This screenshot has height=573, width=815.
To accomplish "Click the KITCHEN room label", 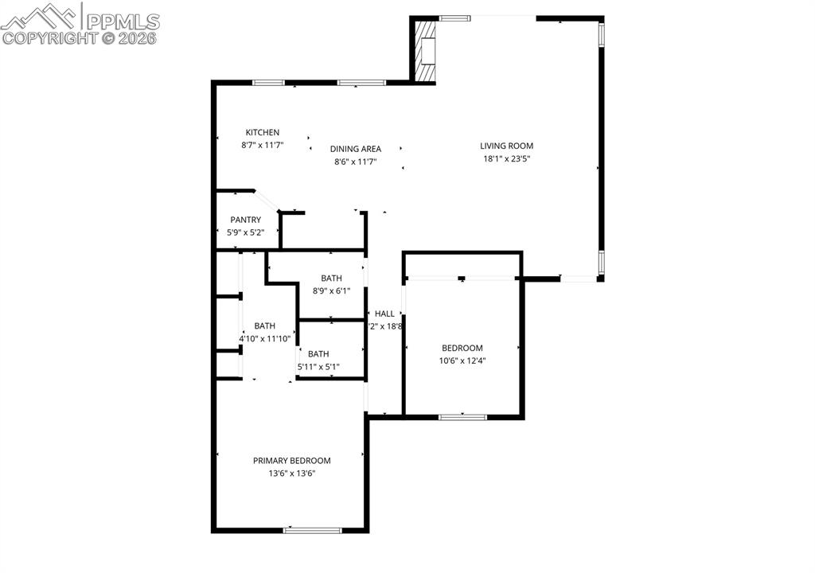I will (x=262, y=133).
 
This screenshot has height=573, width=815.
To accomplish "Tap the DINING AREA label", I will (x=356, y=149).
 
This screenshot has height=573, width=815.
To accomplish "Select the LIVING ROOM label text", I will (x=506, y=146).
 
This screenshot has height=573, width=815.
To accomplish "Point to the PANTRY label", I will (x=245, y=220).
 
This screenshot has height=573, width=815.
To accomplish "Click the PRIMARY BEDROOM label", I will (x=291, y=461).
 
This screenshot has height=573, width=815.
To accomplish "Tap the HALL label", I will (x=384, y=314).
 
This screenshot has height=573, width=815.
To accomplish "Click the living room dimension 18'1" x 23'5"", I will (x=506, y=158).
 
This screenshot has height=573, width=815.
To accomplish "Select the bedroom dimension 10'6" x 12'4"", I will (x=462, y=361).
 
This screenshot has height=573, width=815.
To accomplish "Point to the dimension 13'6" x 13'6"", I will (x=291, y=474).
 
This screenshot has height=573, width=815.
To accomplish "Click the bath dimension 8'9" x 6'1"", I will (x=331, y=290).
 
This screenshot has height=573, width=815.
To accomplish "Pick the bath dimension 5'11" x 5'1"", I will (x=318, y=367).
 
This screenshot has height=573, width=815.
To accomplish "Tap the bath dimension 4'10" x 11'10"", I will (x=265, y=338).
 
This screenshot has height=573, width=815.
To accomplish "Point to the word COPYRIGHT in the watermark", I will (x=49, y=37).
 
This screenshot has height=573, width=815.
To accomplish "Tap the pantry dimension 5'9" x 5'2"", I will (x=245, y=232).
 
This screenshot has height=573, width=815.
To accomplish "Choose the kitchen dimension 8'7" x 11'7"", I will (x=262, y=146).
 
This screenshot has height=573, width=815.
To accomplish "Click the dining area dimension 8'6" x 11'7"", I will (x=356, y=162).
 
